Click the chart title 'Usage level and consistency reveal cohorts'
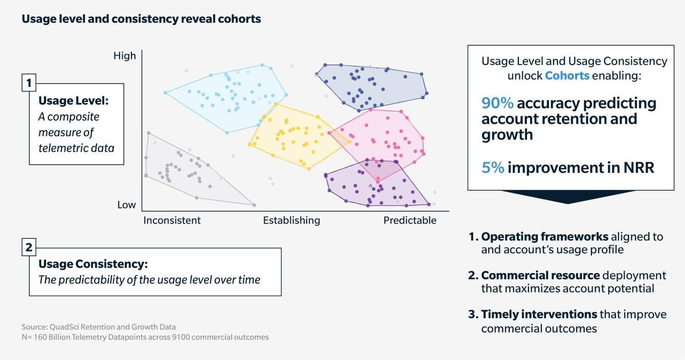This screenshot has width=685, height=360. tap(141, 19)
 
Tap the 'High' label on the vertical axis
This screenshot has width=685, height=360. tap(125, 56)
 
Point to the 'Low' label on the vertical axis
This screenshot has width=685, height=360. tap(127, 205)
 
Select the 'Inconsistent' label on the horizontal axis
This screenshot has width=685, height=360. tap(172, 220)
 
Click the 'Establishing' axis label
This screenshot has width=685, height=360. tap(291, 220)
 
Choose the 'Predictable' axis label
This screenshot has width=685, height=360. tap(410, 220)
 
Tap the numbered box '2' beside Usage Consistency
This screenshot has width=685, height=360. tap(29, 248)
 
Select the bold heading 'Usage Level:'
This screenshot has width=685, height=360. tap(74, 101)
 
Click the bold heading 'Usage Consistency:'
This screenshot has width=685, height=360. tap(93, 264)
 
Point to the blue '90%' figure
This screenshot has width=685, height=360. tap(497, 103)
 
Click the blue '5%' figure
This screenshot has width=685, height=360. tap(493, 168)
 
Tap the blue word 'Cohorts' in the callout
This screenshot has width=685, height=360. tap(567, 76)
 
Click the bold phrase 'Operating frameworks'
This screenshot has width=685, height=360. tap(544, 237)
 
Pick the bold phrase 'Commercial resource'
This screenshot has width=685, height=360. tap(540, 275)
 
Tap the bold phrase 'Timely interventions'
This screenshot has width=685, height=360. tap(539, 314)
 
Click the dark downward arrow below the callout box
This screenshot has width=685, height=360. tap(567, 197)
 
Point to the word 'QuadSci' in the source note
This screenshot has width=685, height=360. tap(60, 327)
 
